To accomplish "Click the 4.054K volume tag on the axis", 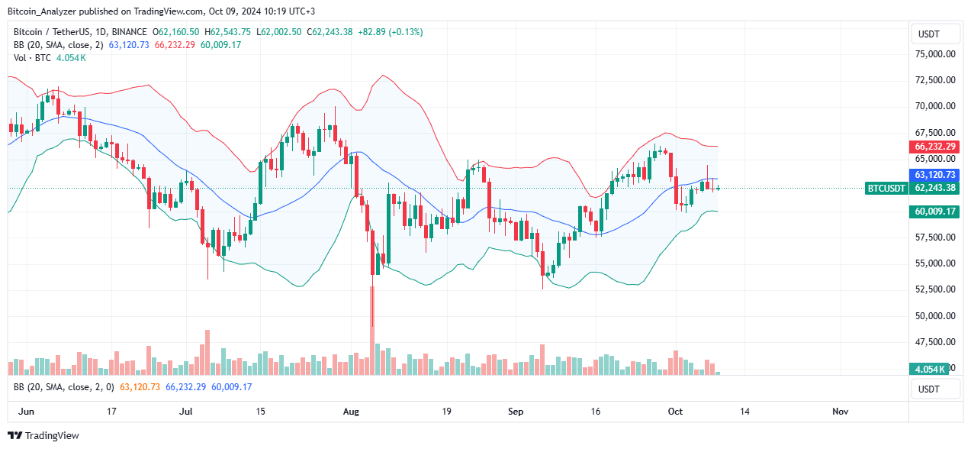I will (931, 369).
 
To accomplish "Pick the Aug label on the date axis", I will (351, 412).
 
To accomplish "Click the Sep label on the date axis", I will (516, 412).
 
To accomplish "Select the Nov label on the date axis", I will (840, 412).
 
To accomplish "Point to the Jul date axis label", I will (185, 412).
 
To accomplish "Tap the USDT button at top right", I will (935, 34).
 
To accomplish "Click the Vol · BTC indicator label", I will (34, 57).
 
